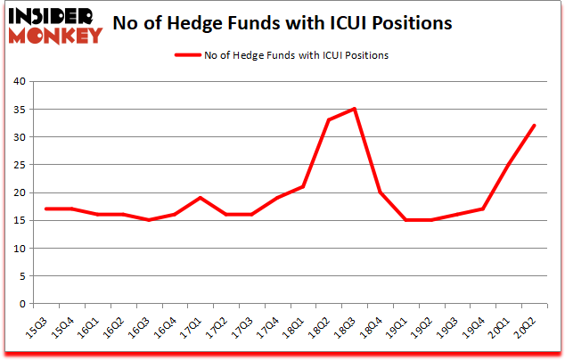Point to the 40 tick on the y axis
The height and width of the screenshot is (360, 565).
point(20,82)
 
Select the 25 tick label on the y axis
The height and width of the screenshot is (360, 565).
point(20,165)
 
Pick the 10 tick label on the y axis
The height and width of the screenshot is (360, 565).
point(20,249)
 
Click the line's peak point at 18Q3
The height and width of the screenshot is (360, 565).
point(355,109)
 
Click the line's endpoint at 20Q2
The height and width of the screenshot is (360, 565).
point(534,126)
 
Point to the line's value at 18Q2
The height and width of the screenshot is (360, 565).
point(329,120)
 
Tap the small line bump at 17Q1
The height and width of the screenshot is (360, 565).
point(201,198)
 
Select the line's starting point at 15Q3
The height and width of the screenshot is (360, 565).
point(46,209)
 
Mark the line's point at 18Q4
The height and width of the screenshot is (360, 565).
point(381,192)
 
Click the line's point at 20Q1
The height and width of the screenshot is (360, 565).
point(508,165)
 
